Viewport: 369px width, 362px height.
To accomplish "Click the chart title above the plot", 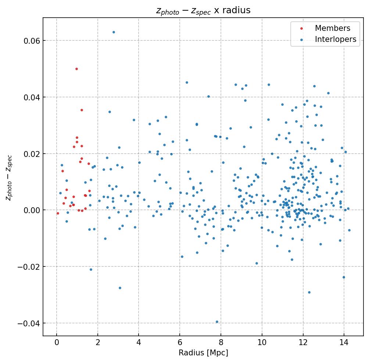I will point(203,10).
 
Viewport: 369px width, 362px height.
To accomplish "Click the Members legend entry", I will point(332,28).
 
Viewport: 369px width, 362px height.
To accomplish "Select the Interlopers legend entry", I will point(335,39).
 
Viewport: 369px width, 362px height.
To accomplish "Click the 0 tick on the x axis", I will point(57,343).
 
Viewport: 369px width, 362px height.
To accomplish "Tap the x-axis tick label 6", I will point(180,343).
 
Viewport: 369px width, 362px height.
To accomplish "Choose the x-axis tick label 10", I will point(262,343).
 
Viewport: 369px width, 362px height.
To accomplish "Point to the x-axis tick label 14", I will point(344,343).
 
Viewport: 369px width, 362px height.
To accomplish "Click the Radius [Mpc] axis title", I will point(203,353).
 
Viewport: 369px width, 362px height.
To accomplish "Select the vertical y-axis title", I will point(9,178).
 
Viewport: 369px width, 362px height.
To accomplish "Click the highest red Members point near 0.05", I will point(76,69).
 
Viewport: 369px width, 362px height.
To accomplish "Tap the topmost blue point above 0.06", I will point(114,32).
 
